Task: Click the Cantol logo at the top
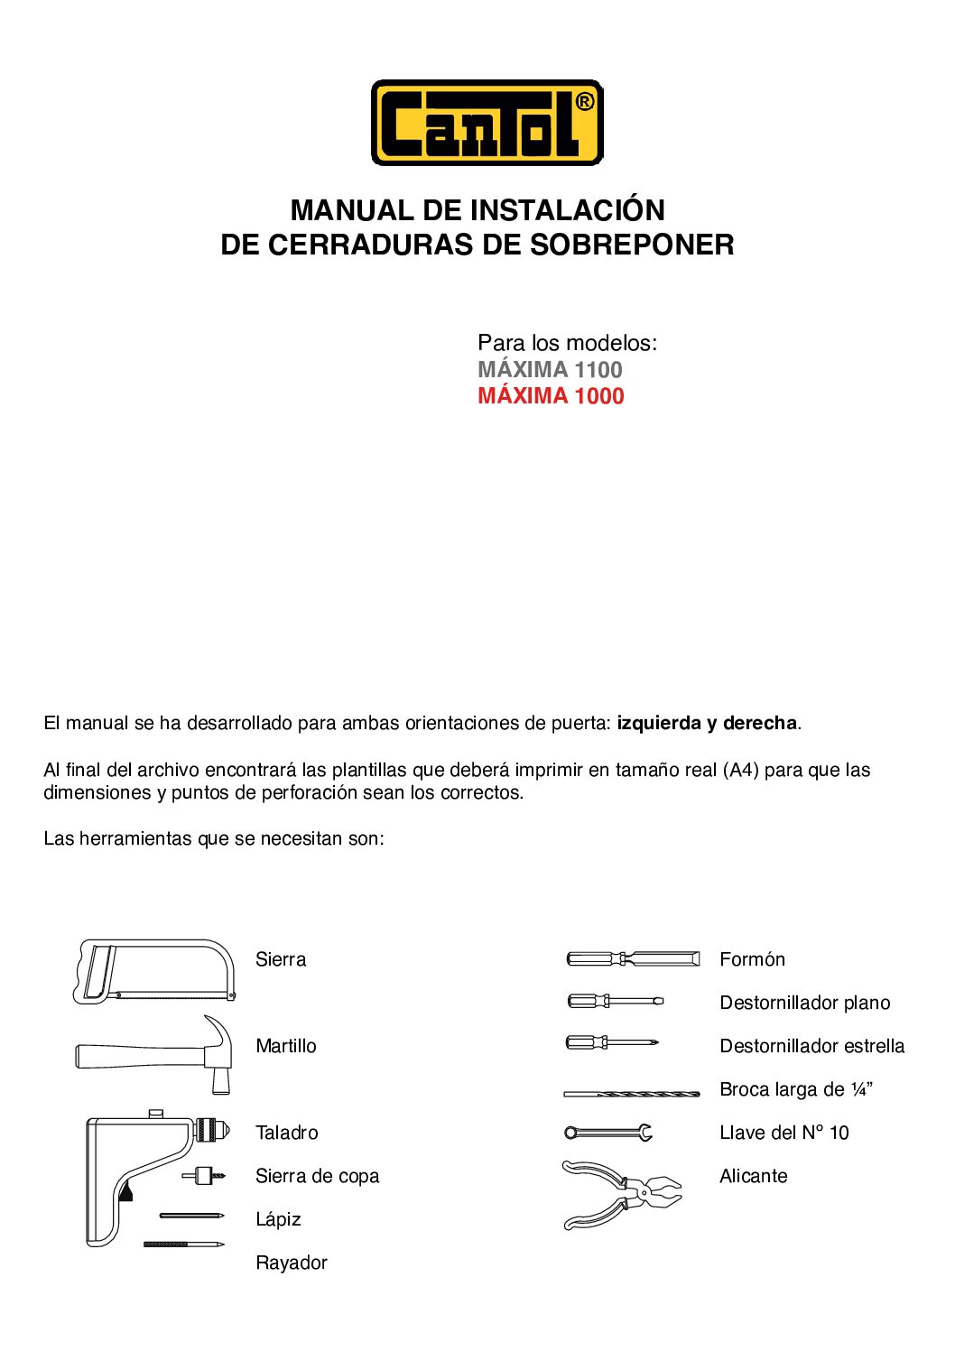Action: tap(487, 123)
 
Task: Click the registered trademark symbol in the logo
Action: tap(584, 102)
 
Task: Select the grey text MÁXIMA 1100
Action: tap(550, 369)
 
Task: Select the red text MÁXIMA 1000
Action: tap(551, 395)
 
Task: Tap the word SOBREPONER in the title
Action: tap(631, 245)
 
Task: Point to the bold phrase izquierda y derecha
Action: tap(707, 723)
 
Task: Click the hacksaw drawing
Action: tap(154, 971)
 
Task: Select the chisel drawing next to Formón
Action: tap(633, 958)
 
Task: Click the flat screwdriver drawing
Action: tap(615, 1001)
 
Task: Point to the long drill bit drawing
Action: tap(631, 1093)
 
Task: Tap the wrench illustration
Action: tap(608, 1132)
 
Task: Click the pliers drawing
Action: tap(621, 1194)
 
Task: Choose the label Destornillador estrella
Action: tap(811, 1046)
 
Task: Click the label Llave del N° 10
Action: tap(783, 1133)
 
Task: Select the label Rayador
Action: tap(291, 1263)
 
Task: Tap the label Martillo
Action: tap(285, 1046)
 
